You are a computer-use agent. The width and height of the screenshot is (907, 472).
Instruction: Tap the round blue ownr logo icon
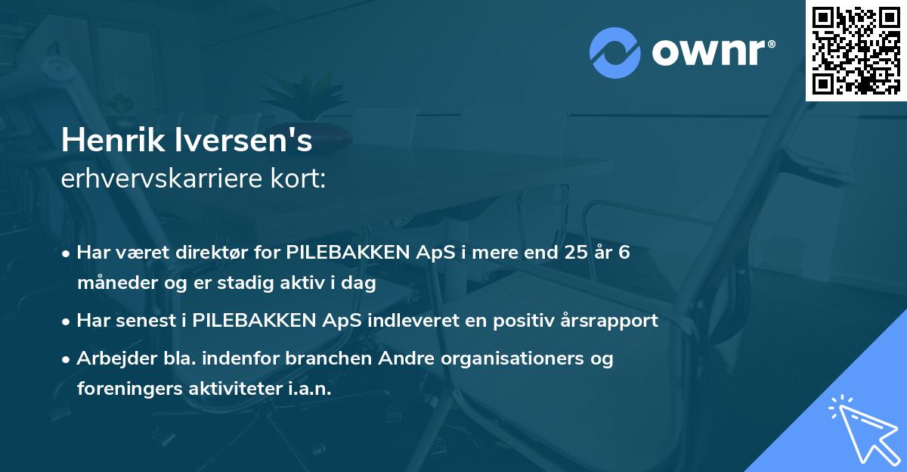(x=615, y=53)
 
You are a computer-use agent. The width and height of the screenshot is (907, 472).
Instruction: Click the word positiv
(x=513, y=321)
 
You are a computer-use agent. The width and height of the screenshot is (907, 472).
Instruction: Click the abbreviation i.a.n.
(x=307, y=389)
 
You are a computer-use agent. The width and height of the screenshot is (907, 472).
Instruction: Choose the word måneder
(x=110, y=283)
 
